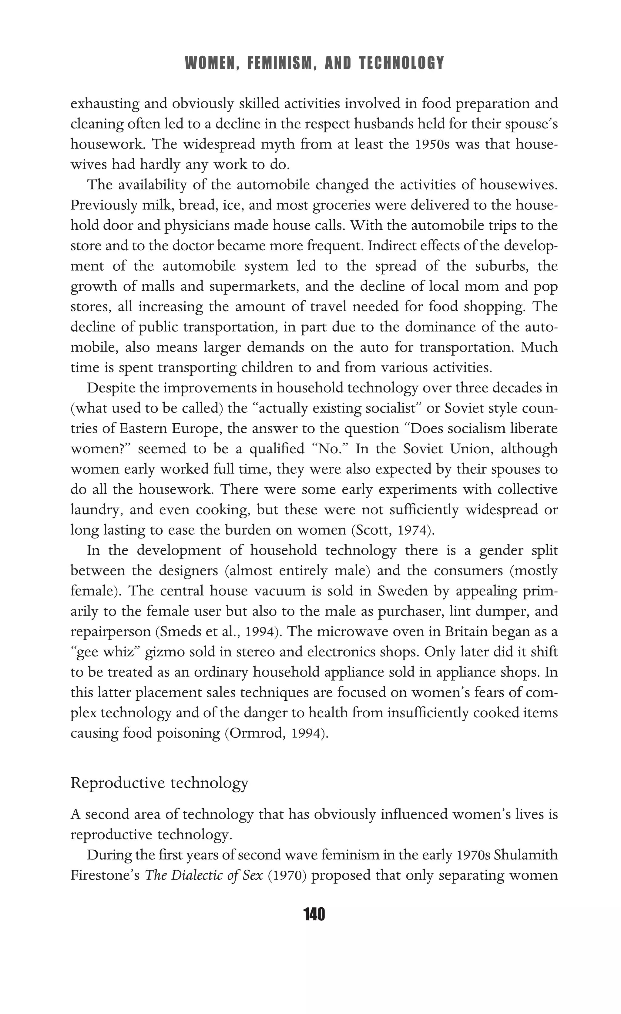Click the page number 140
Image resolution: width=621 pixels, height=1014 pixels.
(x=314, y=914)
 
